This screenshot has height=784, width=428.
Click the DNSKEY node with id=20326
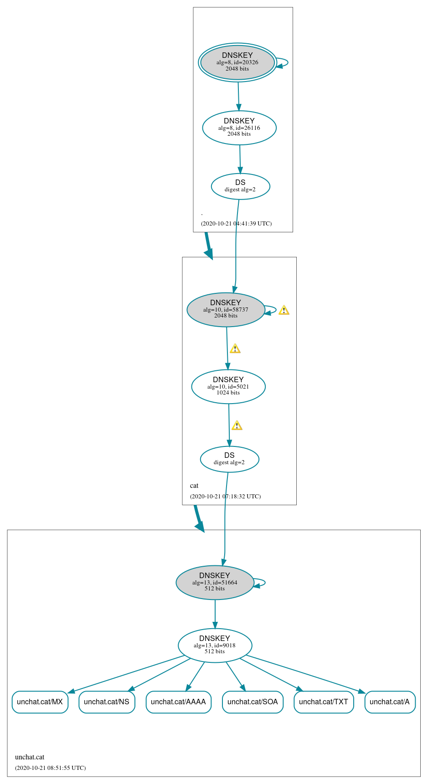[237, 62]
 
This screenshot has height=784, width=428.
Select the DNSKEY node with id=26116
[239, 128]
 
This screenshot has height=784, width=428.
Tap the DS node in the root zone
[240, 186]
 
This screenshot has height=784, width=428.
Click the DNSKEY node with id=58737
[226, 310]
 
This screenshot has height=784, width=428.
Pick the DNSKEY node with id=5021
[228, 387]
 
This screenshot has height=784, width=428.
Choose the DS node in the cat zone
[229, 459]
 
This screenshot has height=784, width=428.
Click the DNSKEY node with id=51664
[215, 583]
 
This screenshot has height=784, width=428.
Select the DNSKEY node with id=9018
[215, 646]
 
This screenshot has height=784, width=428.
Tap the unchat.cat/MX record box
[40, 702]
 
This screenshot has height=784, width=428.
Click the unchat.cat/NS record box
[107, 702]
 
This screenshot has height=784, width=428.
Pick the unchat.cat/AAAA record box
[178, 702]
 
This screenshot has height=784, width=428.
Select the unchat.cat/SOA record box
[253, 702]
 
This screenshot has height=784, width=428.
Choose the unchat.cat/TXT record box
[324, 702]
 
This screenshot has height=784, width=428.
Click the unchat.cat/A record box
[390, 702]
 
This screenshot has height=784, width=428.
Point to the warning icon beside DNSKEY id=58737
[284, 310]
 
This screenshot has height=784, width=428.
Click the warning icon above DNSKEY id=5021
[235, 348]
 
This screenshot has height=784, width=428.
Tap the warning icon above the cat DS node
[237, 425]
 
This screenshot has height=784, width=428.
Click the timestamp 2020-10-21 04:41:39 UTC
[236, 224]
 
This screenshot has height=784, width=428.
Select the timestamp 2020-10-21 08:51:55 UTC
[50, 768]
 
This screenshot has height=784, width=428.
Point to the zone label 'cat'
[194, 486]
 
